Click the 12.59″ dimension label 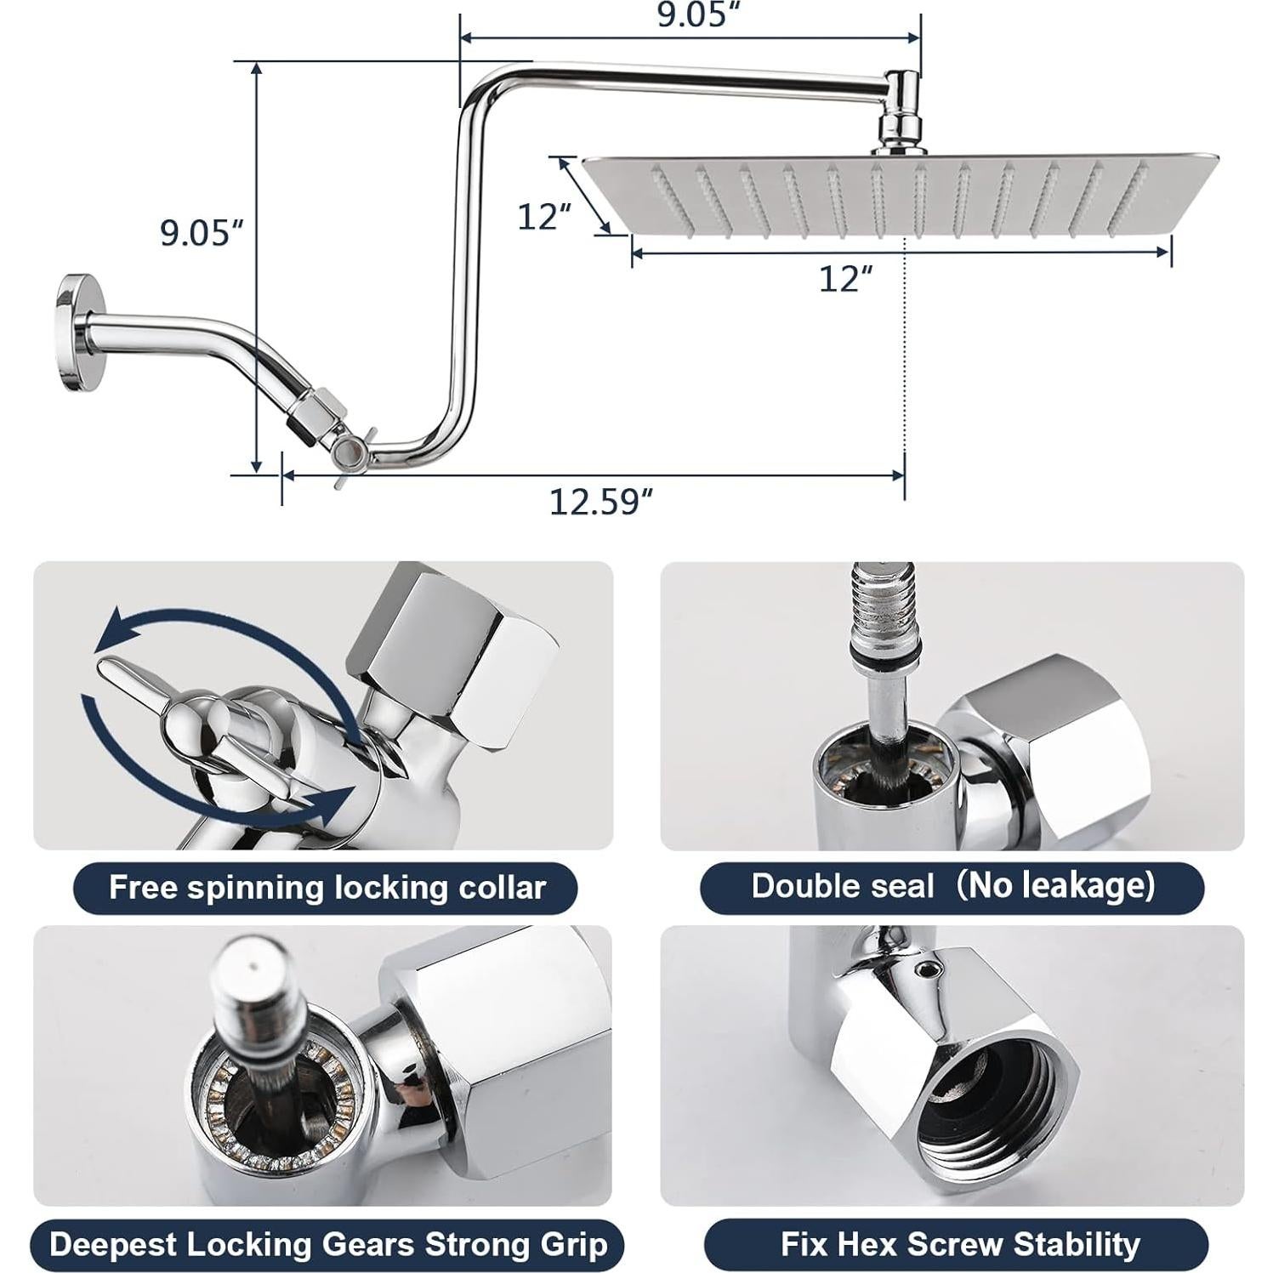[600, 502]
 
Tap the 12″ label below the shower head [845, 279]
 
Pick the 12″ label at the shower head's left [543, 217]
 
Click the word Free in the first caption [143, 888]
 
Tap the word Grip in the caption [576, 1245]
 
